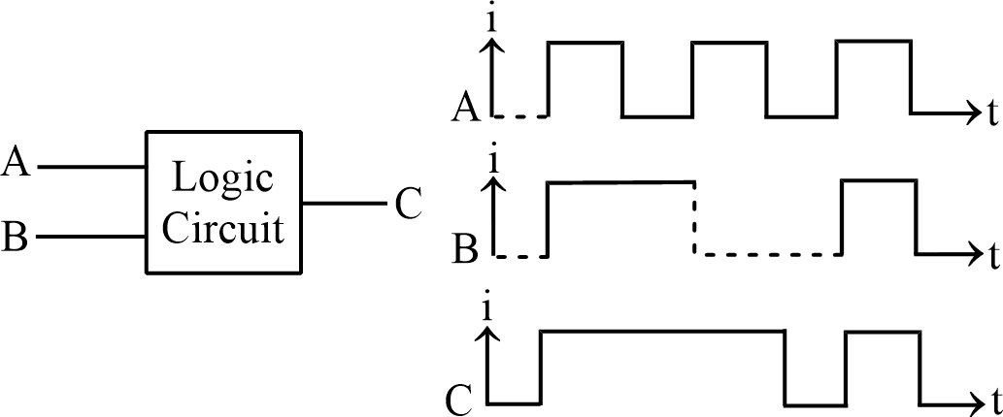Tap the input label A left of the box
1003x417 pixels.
point(17,163)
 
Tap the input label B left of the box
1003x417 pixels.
point(15,236)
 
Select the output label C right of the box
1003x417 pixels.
point(409,205)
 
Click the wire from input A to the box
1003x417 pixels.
point(90,168)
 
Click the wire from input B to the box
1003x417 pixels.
point(90,236)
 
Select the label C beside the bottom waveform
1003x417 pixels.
point(458,398)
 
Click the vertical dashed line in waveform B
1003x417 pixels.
point(694,218)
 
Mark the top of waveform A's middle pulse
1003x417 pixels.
point(729,43)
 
